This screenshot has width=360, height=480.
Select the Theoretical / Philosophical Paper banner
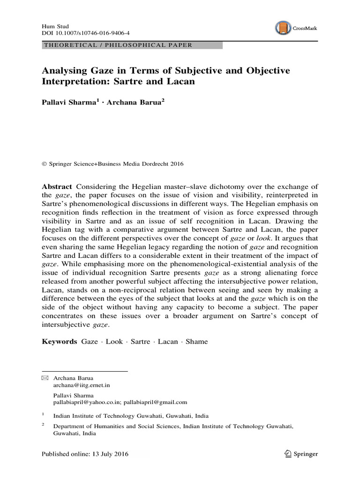coord(117,45)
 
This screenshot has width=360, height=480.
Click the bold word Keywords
coord(60,341)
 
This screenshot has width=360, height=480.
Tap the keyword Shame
coord(196,341)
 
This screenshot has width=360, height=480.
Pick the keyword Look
coord(114,341)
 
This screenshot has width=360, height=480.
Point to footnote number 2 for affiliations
coord(43,424)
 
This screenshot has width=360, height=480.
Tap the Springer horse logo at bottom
coord(288,454)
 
